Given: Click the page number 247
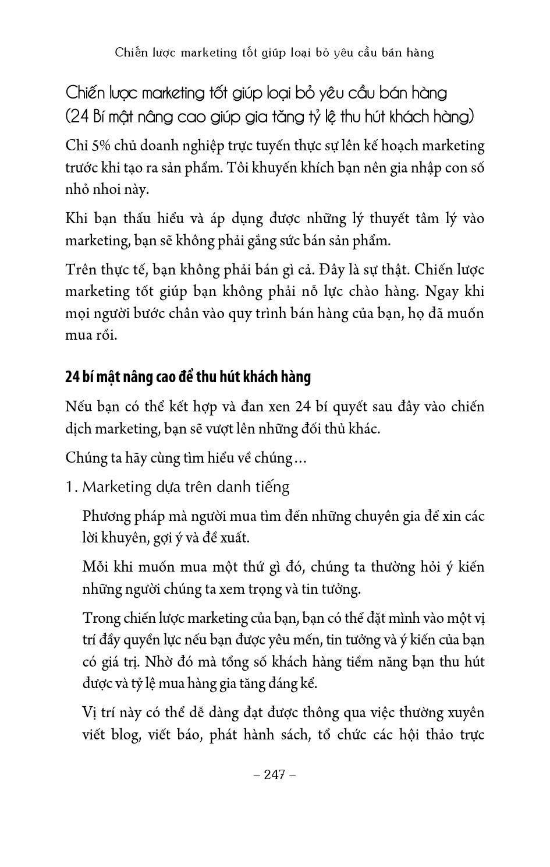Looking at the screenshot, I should (275, 774).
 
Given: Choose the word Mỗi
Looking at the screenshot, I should (95, 567).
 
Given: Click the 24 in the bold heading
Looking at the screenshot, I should (72, 377).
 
